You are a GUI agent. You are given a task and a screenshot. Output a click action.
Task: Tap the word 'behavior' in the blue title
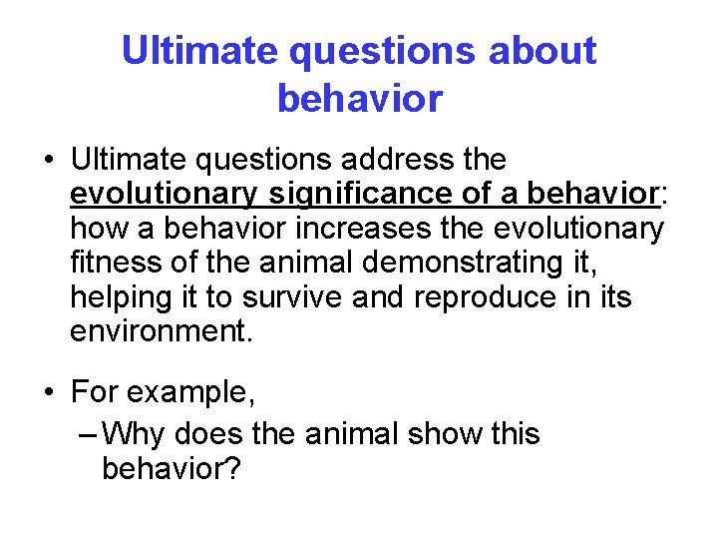[359, 98]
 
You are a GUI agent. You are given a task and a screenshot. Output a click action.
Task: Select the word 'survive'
[290, 297]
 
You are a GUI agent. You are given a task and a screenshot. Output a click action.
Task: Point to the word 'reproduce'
[491, 297]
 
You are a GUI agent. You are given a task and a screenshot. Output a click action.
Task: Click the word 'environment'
[159, 331]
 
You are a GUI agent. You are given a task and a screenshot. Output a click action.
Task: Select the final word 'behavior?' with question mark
[171, 468]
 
